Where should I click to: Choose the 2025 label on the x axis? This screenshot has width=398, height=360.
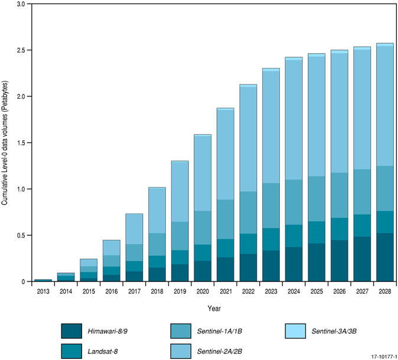pos(317,291)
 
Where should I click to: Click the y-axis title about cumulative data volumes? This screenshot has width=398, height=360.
pos(5,142)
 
